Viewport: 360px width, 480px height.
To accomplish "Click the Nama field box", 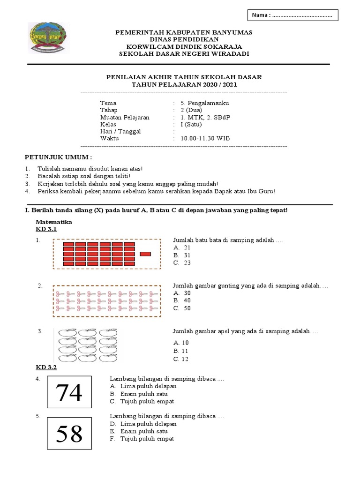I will click(x=292, y=15).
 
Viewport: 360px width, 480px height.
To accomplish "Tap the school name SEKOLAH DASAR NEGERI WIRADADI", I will click(x=184, y=54).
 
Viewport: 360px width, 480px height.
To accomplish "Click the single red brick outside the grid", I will click(x=145, y=254).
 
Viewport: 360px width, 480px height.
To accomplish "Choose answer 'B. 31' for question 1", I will click(x=182, y=255).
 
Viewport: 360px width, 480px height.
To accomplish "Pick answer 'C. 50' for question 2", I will click(x=182, y=308).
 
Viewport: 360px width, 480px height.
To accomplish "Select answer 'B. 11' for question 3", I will click(x=181, y=351).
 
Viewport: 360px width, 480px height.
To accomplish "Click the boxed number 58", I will click(x=69, y=434).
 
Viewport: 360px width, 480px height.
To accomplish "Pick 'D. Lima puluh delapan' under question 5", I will click(x=143, y=424).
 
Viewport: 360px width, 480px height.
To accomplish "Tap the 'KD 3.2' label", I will click(x=46, y=367).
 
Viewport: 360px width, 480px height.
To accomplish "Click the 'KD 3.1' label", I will click(x=46, y=229).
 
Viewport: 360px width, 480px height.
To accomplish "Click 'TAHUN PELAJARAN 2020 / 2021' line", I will click(x=184, y=84).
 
